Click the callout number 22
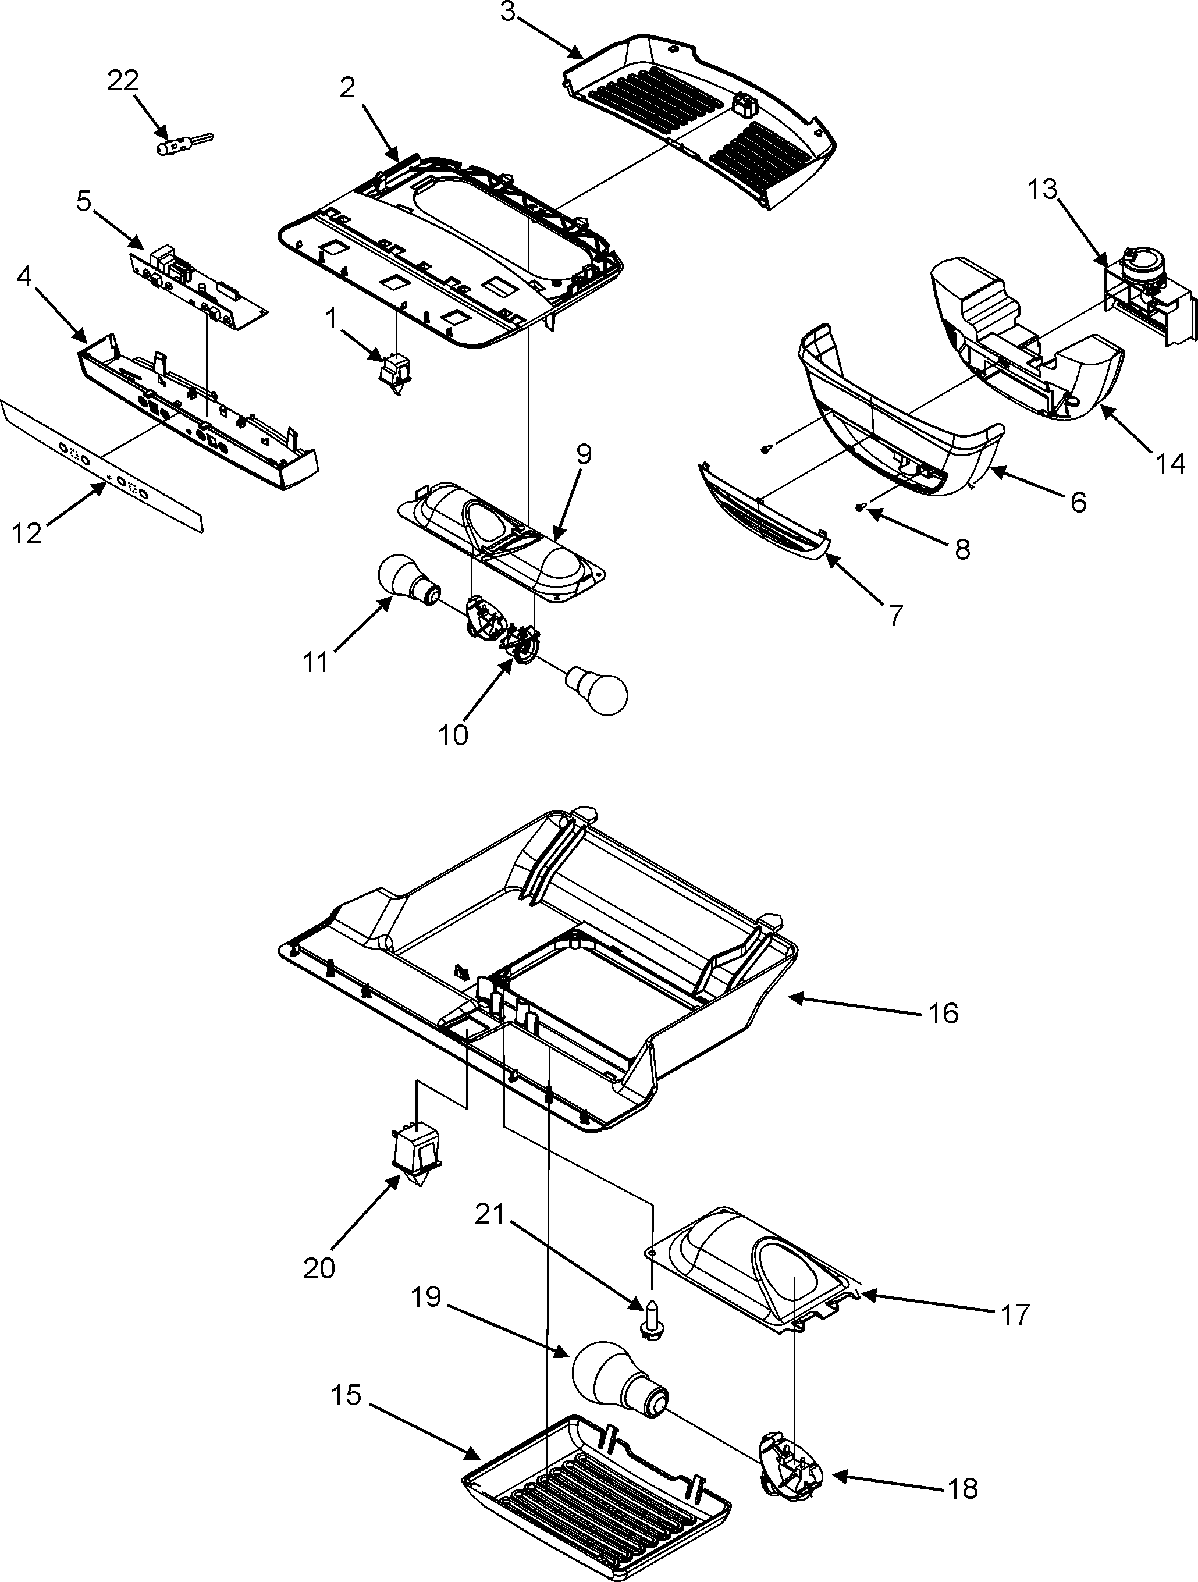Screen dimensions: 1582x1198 coord(122,80)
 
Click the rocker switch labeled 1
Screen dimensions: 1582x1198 coord(394,374)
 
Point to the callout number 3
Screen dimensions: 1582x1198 coord(507,13)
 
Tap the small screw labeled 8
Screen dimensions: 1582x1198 coord(861,507)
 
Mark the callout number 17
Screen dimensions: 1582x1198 coord(1015,1314)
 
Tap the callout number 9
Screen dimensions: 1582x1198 coord(584,455)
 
